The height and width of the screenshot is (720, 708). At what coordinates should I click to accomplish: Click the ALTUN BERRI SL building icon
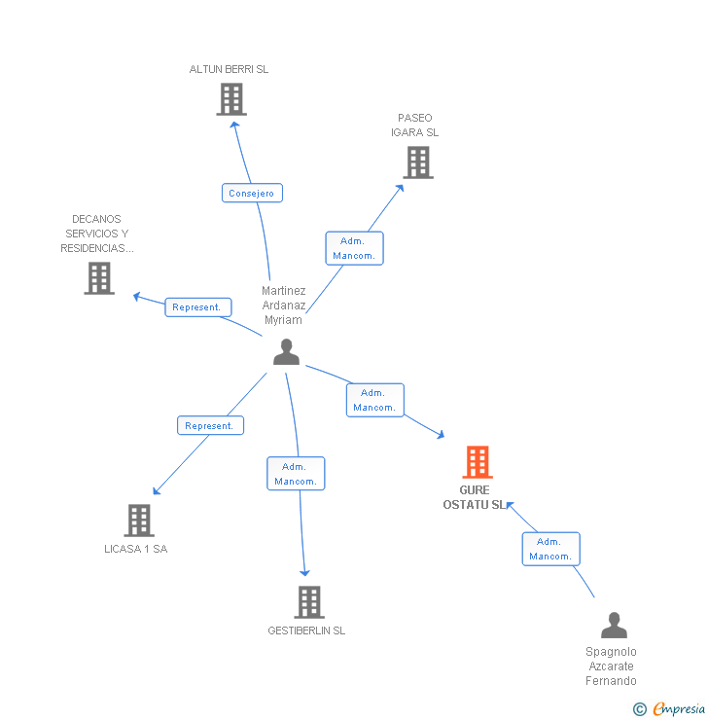pos(231,99)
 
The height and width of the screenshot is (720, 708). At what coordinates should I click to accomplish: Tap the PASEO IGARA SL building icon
pos(418,162)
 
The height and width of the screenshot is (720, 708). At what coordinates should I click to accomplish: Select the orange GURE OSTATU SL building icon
pos(477,462)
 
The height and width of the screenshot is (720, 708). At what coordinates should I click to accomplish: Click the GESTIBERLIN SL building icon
pos(308,602)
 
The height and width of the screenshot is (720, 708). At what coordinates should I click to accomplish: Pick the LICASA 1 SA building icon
pos(139,521)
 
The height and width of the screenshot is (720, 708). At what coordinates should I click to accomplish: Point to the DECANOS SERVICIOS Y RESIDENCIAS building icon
pos(98,278)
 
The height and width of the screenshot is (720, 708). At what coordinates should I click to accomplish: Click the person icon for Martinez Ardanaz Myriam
pos(286,352)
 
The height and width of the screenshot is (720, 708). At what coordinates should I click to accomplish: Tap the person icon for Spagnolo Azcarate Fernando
pos(614,625)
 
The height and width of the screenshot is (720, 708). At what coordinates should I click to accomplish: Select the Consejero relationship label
pos(252,193)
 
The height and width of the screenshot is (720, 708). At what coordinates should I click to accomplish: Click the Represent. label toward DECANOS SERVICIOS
pos(197,307)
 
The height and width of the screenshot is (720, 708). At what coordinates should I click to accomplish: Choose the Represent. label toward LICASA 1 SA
pos(209,425)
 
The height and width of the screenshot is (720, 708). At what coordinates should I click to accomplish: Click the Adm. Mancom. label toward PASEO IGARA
pos(354,248)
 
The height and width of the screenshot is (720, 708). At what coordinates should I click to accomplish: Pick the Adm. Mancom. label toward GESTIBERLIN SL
pos(296,474)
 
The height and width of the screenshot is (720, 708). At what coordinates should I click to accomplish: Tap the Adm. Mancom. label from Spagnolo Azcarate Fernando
pos(550,549)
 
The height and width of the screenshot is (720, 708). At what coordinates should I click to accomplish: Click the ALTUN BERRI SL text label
pos(229,70)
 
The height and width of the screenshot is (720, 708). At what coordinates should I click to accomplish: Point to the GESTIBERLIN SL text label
pos(306,630)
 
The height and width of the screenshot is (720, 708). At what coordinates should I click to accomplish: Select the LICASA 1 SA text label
pos(136,549)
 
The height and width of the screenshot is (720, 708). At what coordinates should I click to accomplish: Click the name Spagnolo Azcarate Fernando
pos(611,666)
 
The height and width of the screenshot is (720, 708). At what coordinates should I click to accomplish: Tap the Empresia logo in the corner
pos(679,708)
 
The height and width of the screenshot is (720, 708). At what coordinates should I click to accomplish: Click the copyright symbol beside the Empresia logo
pos(640,708)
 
